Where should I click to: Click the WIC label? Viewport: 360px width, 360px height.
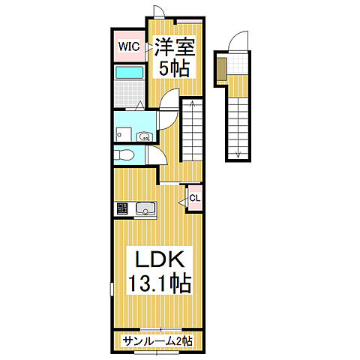(129, 46)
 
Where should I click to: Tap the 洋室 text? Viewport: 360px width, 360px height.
(174, 47)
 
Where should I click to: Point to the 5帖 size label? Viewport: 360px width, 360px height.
(174, 68)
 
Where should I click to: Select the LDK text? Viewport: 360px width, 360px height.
(160, 259)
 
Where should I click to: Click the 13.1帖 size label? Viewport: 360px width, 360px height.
(160, 283)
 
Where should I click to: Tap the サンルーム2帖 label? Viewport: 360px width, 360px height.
(157, 340)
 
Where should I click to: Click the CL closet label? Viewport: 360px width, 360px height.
(195, 199)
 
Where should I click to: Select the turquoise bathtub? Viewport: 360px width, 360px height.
(130, 72)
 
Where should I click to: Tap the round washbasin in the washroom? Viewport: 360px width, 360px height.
(144, 136)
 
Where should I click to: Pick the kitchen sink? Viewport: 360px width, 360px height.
(145, 208)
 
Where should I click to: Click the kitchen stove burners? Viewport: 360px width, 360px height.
(122, 208)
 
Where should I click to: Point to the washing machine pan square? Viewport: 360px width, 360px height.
(124, 134)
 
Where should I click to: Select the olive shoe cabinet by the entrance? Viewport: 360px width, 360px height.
(222, 69)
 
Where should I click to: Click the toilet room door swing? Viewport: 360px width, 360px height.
(157, 155)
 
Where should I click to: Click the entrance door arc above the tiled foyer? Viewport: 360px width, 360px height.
(238, 41)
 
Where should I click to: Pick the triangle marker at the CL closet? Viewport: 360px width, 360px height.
(183, 202)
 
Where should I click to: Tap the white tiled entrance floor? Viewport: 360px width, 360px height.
(238, 64)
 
